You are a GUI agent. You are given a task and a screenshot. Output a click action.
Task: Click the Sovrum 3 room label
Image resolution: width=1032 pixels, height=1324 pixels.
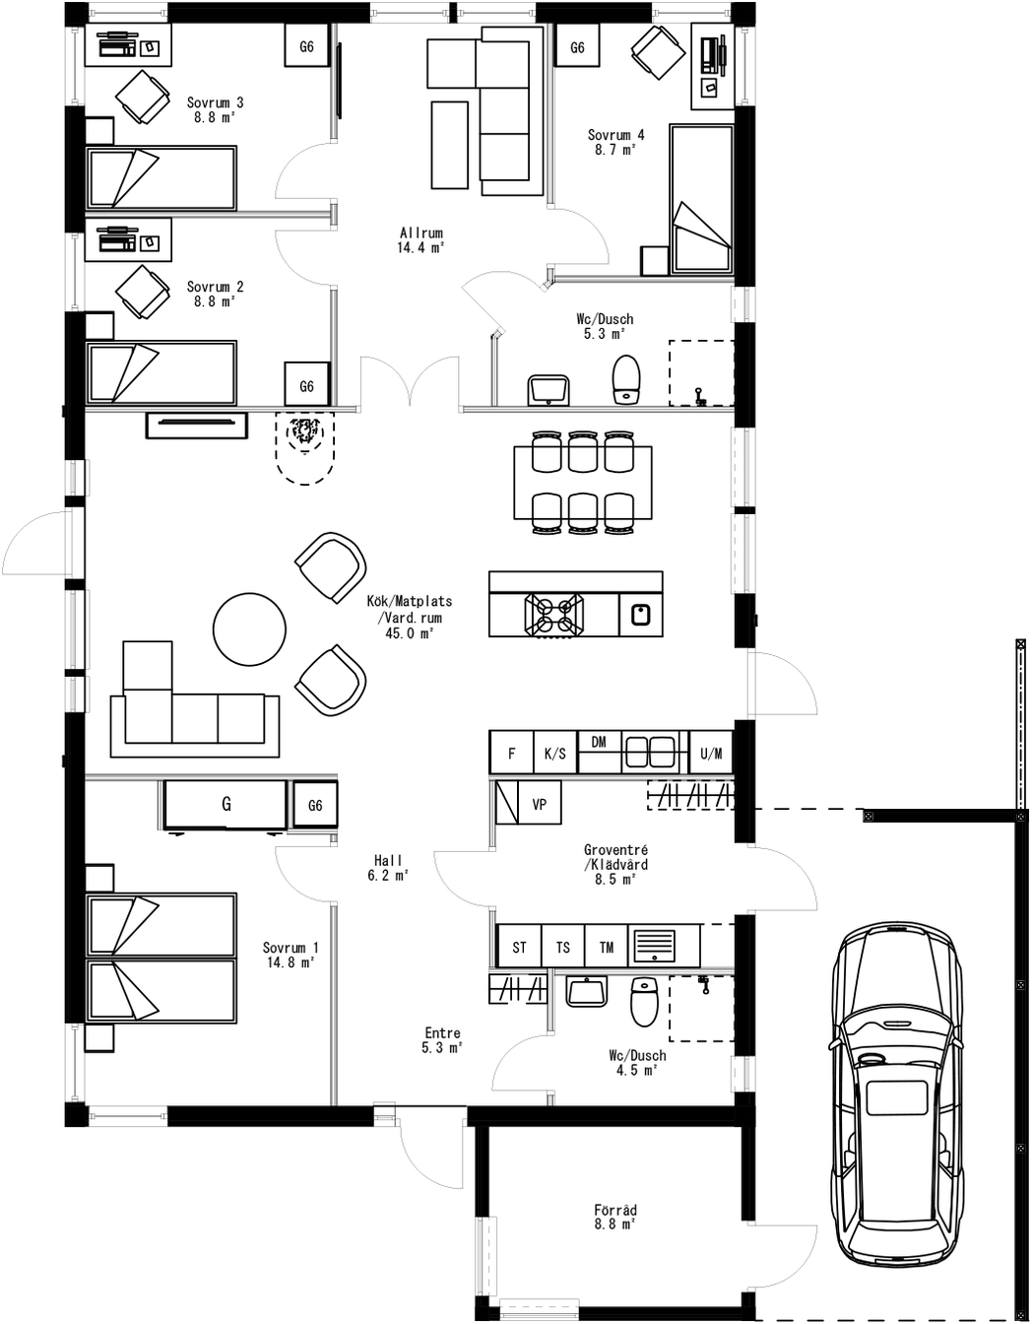click(215, 108)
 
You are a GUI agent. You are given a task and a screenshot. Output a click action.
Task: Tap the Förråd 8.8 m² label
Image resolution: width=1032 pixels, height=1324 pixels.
click(614, 1217)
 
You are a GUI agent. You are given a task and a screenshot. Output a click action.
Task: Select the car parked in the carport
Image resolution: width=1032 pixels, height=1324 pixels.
click(895, 1093)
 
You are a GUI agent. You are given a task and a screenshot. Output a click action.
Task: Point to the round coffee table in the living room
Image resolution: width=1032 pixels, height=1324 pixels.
click(250, 629)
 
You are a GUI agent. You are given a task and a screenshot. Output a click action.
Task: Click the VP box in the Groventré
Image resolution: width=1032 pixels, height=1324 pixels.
click(539, 804)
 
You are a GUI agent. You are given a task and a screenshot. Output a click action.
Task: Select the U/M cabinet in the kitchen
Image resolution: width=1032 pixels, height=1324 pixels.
click(711, 754)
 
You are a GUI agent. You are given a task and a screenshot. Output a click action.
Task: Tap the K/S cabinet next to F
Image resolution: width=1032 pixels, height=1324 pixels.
click(554, 754)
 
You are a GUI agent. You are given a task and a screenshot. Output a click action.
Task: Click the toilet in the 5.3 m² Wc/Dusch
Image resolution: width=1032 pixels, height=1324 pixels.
click(627, 378)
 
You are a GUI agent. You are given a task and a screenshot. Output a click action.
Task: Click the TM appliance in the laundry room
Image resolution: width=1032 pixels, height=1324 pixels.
click(607, 947)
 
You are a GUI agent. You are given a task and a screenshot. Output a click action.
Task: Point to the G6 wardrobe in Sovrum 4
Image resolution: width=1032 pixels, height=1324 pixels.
click(577, 47)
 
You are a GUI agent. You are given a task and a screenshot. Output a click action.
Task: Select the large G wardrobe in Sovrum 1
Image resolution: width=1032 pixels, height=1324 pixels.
click(226, 804)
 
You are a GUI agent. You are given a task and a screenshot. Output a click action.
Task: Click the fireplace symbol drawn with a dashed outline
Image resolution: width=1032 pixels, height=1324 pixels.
click(305, 444)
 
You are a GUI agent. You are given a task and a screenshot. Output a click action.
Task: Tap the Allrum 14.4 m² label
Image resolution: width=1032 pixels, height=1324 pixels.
click(420, 240)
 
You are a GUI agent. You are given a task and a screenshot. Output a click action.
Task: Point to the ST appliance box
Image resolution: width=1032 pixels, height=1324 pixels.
click(519, 947)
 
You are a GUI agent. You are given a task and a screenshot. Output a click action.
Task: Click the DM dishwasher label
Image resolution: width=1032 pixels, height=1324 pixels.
click(599, 743)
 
